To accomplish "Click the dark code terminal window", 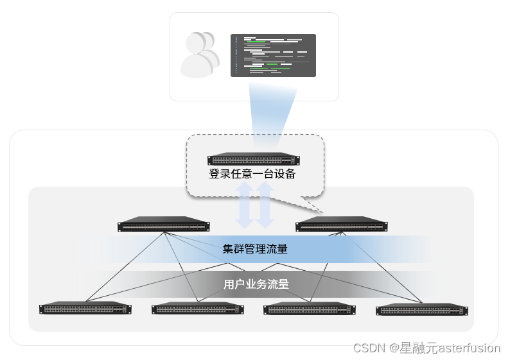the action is pos(273,55).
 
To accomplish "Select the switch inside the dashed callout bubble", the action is pos(254,160).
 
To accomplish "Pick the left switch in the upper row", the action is pos(164,224).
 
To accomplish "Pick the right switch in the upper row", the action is pos(342,224).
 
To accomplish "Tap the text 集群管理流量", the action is pos(255,249).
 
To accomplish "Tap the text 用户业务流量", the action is pos(256,284).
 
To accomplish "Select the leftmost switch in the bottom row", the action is pos(85,308).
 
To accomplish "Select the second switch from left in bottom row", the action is pos(197,308).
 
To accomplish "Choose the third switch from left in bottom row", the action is pos(310,308).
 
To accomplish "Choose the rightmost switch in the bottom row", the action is pos(423,309).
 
